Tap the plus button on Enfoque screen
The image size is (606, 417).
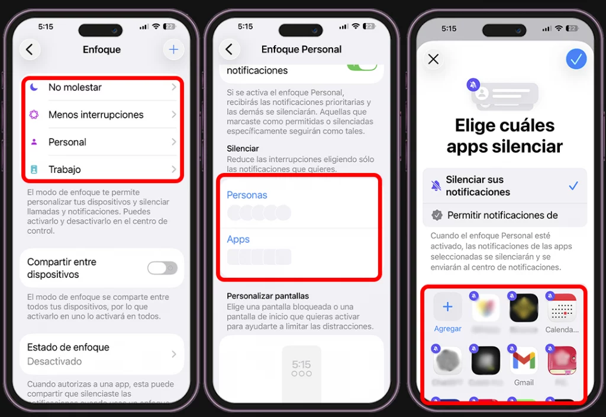[x=173, y=50]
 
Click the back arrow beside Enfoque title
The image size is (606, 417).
[x=30, y=50]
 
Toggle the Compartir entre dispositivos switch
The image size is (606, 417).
[x=162, y=268]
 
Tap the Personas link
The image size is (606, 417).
[x=247, y=195]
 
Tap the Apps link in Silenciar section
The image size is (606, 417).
[x=238, y=239]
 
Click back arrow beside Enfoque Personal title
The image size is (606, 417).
[x=230, y=50]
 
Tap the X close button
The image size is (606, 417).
[x=433, y=59]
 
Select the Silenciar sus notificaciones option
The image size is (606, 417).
[x=504, y=185]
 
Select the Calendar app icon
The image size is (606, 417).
[x=562, y=308]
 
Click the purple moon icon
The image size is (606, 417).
[x=34, y=88]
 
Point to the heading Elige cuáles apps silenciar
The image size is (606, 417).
[x=504, y=136]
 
